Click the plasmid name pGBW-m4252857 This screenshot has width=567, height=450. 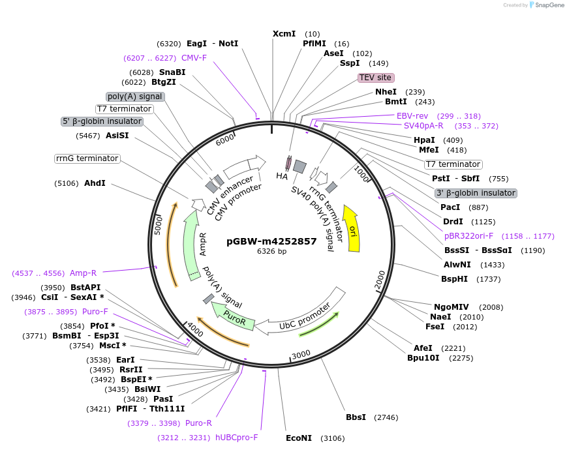[x=271, y=241]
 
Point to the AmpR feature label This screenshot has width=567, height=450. [x=203, y=243]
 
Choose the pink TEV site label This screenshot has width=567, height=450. [x=376, y=77]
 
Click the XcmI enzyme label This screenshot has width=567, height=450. [x=284, y=33]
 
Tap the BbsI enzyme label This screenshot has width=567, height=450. [x=356, y=417]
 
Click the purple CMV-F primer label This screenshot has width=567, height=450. [x=194, y=57]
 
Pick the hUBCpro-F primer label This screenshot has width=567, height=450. [x=237, y=437]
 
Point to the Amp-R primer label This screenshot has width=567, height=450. [x=83, y=273]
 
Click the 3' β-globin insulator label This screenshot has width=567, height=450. [x=476, y=193]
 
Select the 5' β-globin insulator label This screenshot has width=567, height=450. [x=102, y=121]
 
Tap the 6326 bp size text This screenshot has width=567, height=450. [x=271, y=251]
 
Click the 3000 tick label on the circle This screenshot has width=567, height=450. [x=301, y=354]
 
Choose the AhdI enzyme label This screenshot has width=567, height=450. [x=95, y=183]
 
